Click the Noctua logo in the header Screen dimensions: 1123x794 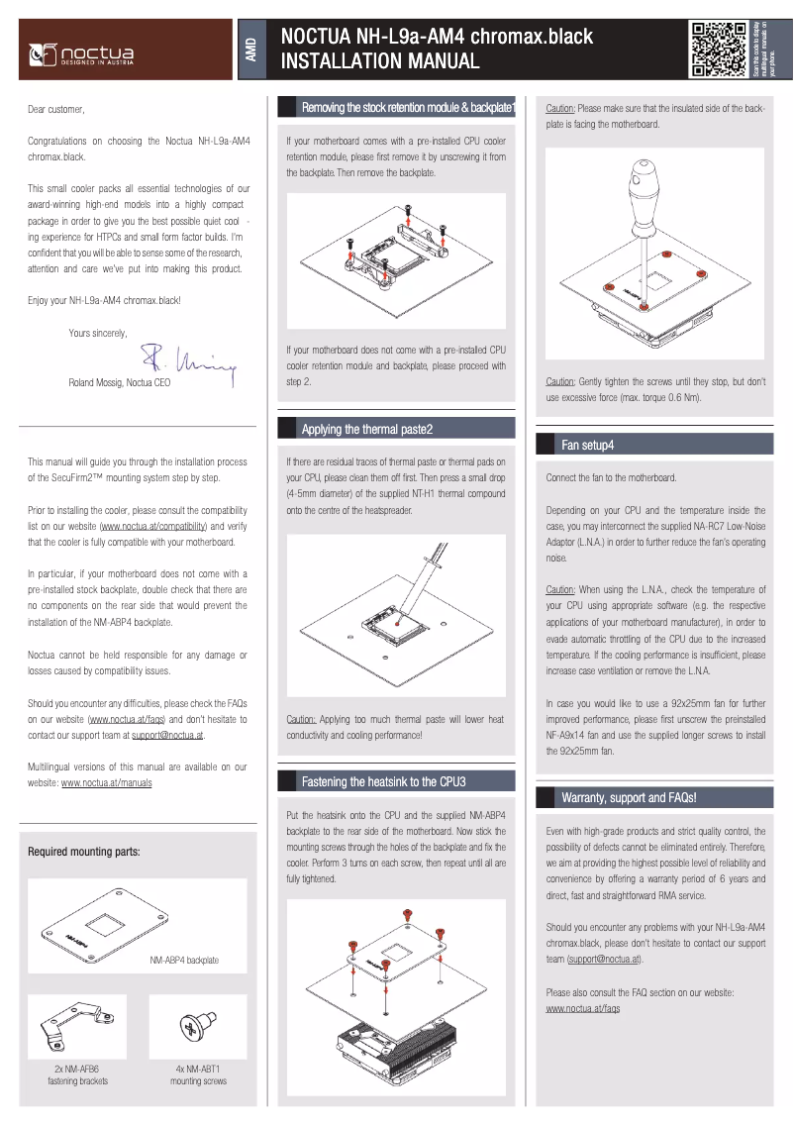[82, 51]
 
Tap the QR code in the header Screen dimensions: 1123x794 [717, 49]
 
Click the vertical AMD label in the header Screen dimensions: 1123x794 [251, 50]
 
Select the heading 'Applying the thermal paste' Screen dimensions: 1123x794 [366, 429]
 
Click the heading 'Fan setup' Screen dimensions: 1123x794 [587, 446]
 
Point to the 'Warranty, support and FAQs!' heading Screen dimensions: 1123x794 [629, 797]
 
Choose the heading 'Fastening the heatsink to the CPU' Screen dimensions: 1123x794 [383, 781]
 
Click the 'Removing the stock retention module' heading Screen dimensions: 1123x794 [407, 107]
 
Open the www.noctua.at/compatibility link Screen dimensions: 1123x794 [153, 527]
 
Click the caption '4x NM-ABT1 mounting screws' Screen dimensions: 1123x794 [198, 1075]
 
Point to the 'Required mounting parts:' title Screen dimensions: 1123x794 [84, 852]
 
